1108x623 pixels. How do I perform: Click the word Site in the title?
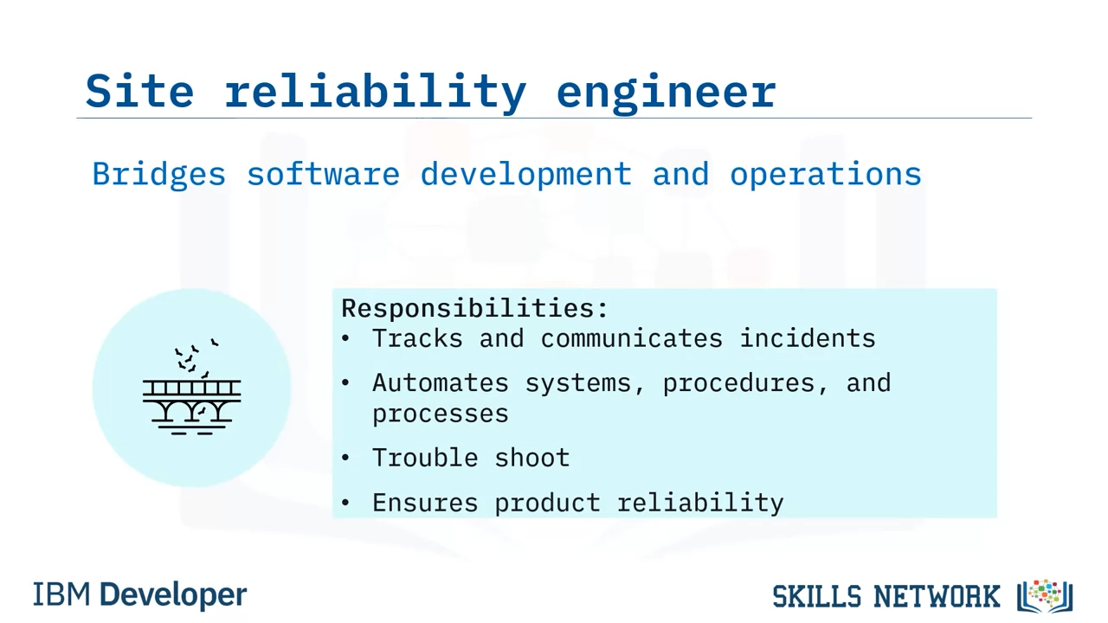click(x=139, y=91)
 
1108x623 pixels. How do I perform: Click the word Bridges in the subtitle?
click(x=158, y=175)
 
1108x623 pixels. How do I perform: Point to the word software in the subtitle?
click(x=323, y=174)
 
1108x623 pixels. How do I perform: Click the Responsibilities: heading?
click(x=474, y=309)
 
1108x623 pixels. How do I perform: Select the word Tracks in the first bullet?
click(x=417, y=338)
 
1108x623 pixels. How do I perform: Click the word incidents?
click(x=808, y=338)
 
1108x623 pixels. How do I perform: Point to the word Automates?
click(x=441, y=383)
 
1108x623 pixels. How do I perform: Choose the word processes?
click(x=441, y=414)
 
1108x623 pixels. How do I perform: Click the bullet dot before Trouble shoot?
click(x=345, y=459)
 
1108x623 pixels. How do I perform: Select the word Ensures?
click(x=425, y=504)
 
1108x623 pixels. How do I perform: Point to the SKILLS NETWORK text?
click(x=886, y=596)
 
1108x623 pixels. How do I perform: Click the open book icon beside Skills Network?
click(x=1045, y=596)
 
